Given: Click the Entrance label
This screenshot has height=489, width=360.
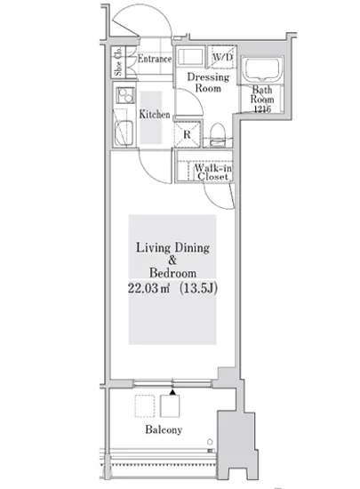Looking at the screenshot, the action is (x=155, y=59).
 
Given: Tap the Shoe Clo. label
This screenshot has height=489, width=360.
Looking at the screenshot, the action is (x=118, y=61).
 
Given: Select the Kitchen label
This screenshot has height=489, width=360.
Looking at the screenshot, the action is (x=155, y=114).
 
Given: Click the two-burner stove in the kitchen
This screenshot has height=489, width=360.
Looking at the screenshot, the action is (x=125, y=95).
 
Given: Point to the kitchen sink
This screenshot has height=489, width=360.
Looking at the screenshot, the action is (x=124, y=133).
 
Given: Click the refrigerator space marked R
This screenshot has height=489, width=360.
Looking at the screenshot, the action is (x=187, y=134).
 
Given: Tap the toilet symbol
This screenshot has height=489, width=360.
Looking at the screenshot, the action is (x=218, y=134).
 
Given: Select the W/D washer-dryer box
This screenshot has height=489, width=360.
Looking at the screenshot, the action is (x=221, y=57).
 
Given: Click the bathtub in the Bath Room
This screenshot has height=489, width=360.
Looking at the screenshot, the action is (x=262, y=69).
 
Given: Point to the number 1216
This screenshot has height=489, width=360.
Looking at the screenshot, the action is (x=262, y=108).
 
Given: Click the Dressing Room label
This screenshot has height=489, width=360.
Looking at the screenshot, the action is (x=208, y=83).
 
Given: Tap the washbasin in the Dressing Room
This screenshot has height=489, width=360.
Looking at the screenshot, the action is (x=191, y=56).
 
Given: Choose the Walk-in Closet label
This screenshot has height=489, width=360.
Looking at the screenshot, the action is (x=212, y=172).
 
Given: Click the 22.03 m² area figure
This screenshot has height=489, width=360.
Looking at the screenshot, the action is (x=148, y=288).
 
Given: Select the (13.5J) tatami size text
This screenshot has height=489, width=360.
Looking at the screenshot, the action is (x=198, y=288).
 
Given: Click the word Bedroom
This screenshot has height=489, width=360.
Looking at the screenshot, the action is (x=172, y=273).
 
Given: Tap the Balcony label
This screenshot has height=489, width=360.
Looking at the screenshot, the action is (x=164, y=429).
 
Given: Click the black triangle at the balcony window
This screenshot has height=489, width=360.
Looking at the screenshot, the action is (x=172, y=392).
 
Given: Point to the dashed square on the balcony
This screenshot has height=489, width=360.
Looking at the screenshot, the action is (x=145, y=406).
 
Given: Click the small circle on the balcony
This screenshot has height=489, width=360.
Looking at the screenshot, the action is (x=210, y=442).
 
